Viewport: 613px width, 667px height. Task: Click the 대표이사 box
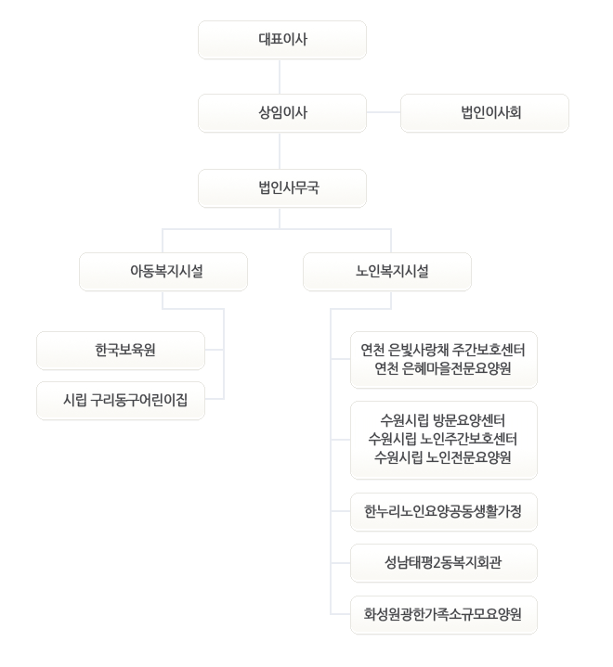(282, 40)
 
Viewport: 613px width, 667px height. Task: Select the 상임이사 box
(282, 113)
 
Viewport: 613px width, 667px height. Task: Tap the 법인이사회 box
(485, 113)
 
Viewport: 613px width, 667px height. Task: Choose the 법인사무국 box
(282, 188)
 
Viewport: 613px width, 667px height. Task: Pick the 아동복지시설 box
(163, 272)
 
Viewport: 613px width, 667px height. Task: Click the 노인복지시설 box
(387, 272)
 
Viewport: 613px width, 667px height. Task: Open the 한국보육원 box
(121, 351)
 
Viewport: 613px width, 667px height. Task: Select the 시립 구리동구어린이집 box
(121, 401)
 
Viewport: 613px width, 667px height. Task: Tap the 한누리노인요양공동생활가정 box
(444, 512)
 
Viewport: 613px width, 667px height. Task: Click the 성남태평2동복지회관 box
(444, 563)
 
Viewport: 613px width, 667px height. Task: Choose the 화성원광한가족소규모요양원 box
(444, 615)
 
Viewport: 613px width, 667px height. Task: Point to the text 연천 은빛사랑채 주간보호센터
(443, 350)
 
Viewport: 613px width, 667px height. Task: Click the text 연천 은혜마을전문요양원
(443, 368)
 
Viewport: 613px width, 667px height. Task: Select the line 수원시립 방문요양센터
(443, 421)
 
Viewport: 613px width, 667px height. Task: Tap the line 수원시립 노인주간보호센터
(443, 439)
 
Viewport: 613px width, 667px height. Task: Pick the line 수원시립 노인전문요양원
(443, 457)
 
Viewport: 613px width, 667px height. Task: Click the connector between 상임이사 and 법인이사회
(384, 113)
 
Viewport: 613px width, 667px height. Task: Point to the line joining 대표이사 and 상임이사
(280, 77)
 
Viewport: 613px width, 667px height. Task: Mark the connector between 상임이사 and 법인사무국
(280, 150)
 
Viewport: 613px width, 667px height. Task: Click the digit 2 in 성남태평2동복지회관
(436, 563)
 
